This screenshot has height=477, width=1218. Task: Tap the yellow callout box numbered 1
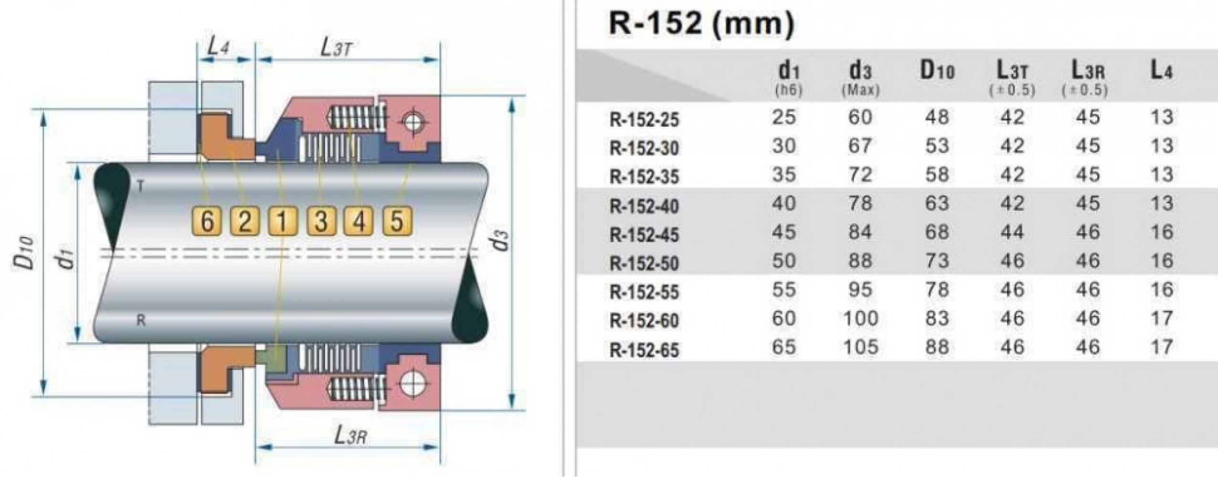point(283,221)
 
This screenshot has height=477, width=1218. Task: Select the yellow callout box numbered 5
point(397,221)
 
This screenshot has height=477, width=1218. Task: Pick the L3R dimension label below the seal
point(350,435)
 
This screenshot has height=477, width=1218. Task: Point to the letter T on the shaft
point(140,186)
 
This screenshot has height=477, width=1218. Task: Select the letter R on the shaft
point(141,321)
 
